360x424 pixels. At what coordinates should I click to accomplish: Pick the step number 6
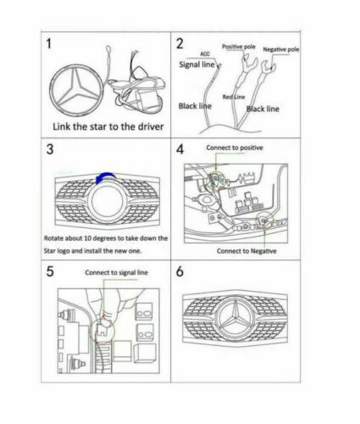[x=180, y=275]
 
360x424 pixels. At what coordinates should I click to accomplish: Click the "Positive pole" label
[x=239, y=47]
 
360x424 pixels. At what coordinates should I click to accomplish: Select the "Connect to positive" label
[x=234, y=148]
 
